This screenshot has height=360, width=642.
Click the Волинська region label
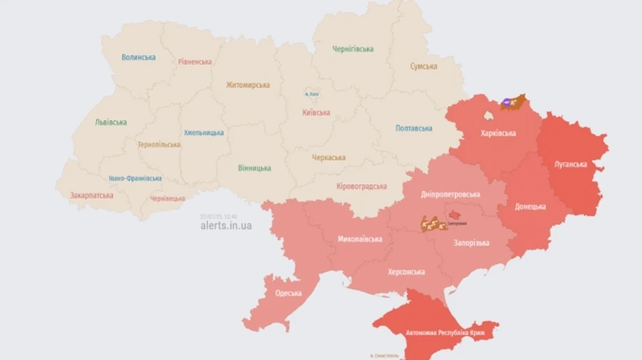click(x=138, y=58)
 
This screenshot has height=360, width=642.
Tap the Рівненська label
click(x=195, y=61)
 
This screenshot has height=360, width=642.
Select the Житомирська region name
click(x=248, y=85)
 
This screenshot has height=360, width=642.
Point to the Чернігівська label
click(x=353, y=49)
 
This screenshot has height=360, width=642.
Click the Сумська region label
click(x=424, y=66)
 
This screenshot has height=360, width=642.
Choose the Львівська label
click(x=111, y=122)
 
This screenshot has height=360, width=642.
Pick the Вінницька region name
click(x=254, y=168)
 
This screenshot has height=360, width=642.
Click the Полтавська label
click(x=414, y=128)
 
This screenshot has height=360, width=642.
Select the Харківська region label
click(x=499, y=133)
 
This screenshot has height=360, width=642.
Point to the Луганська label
click(x=571, y=164)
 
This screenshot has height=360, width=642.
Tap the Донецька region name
click(x=531, y=207)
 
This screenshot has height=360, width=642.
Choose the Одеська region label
click(x=287, y=293)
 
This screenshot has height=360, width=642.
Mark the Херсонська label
click(x=406, y=272)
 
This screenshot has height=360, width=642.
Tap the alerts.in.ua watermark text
click(x=225, y=226)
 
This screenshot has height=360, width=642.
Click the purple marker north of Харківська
click(x=506, y=103)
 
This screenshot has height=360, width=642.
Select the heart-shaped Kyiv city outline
click(x=312, y=93)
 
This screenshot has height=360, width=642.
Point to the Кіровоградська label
click(x=361, y=186)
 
